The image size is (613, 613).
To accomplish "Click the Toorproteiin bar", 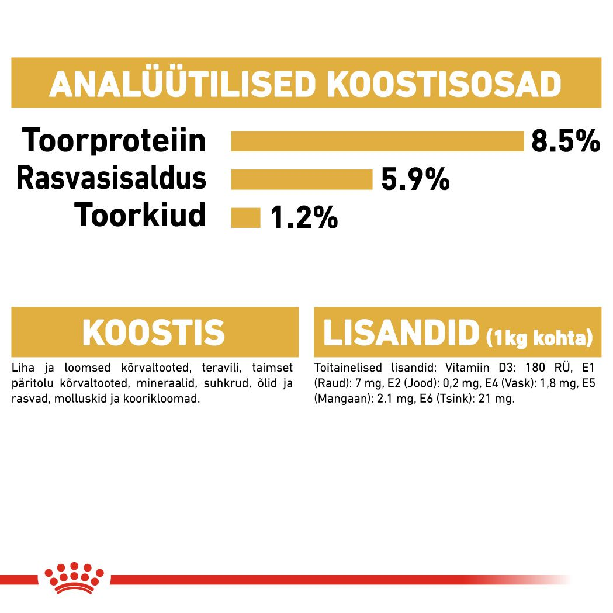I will (377, 141).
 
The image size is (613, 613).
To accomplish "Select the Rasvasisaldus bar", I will (302, 179).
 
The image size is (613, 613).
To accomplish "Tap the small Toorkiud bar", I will (245, 217).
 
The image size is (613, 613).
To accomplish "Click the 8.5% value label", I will (565, 141).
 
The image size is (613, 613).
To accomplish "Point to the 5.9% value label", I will (415, 179).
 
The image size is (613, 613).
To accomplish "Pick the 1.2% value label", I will (304, 218).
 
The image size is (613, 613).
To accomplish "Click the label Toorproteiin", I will (115, 141).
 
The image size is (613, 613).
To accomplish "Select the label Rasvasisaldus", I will (111, 178).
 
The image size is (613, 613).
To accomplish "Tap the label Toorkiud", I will (140, 215).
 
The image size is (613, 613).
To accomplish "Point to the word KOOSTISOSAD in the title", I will (444, 85).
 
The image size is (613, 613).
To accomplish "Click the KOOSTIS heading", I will (154, 333).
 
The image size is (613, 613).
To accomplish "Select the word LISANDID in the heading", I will (401, 333).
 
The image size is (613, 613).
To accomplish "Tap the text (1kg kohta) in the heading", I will (539, 337).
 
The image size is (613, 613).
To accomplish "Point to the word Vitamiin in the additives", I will (465, 369).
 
